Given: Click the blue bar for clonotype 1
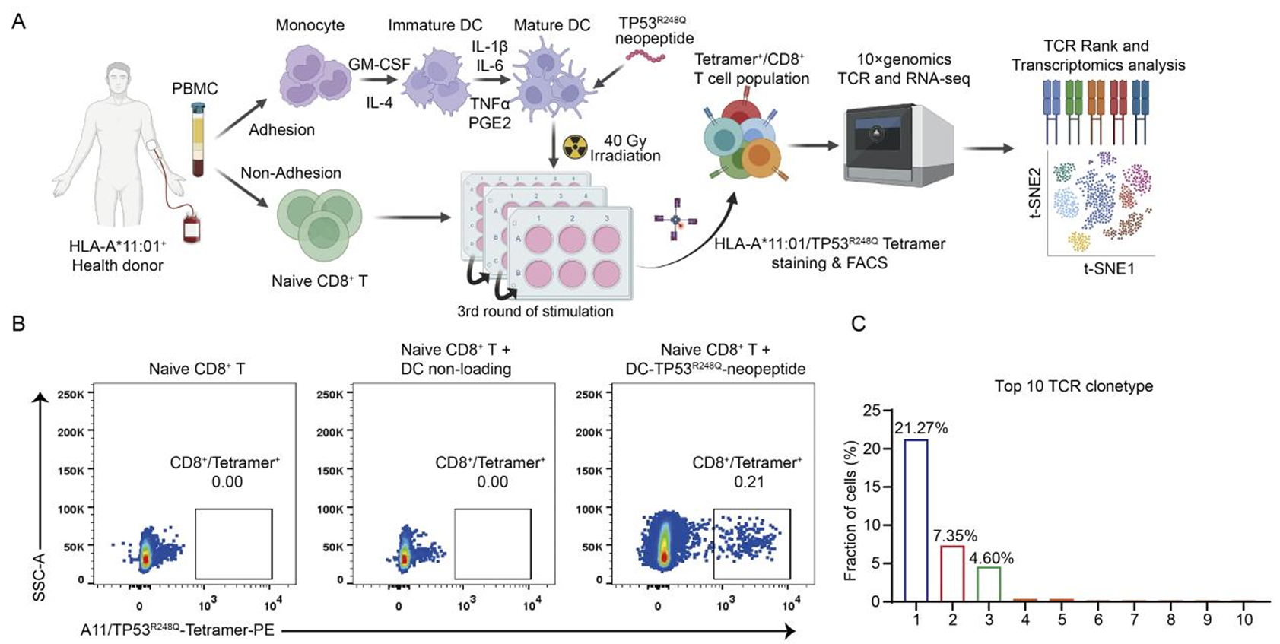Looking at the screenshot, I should click(x=916, y=520).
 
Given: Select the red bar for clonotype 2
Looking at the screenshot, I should click(x=952, y=573).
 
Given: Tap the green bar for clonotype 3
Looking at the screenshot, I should click(x=989, y=584).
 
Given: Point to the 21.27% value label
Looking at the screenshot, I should click(x=921, y=428).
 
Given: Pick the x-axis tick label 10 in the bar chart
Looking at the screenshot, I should click(x=1243, y=620).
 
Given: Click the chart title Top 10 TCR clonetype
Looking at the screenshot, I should click(x=1073, y=386).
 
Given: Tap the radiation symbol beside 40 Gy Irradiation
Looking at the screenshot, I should click(x=575, y=147).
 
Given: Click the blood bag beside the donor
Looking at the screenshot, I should click(x=191, y=229).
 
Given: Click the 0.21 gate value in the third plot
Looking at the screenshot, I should click(x=748, y=481).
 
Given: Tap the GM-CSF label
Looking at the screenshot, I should click(x=379, y=65).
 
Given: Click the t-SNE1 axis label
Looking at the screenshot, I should click(x=1109, y=268).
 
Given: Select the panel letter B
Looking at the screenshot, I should click(x=18, y=323).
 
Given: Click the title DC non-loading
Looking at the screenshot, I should click(x=456, y=369).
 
